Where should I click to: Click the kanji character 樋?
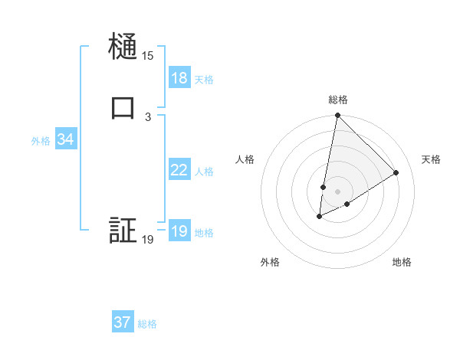[123, 47]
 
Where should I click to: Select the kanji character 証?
[123, 231]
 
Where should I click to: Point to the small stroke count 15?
[147, 56]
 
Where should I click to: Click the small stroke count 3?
[147, 116]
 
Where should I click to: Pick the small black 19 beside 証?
[147, 240]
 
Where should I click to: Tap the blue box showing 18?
[179, 78]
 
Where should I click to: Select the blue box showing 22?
[179, 170]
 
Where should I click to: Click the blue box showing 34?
[65, 139]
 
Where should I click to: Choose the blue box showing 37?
[123, 322]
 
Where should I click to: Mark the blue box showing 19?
[179, 231]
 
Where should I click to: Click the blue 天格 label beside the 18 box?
[204, 80]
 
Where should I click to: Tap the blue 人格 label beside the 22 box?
[204, 172]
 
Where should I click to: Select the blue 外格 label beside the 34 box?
[41, 141]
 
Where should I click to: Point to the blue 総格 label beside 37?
[147, 324]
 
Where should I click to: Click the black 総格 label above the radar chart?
[337, 100]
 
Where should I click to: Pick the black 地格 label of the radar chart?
[402, 262]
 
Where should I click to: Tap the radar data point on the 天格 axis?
[396, 172]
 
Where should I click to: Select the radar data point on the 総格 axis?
[337, 116]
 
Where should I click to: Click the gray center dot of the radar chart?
[337, 191]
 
